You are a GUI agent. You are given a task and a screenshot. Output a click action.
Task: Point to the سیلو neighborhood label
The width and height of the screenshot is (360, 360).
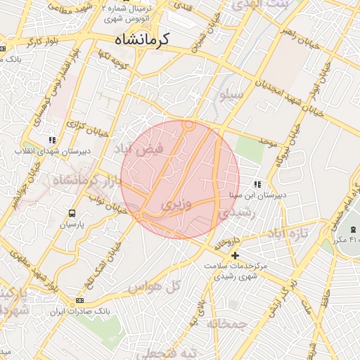(232, 94)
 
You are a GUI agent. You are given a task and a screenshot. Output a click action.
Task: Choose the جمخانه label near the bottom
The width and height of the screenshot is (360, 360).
(228, 323)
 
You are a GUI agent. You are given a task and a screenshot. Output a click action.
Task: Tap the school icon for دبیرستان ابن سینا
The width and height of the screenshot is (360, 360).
(258, 184)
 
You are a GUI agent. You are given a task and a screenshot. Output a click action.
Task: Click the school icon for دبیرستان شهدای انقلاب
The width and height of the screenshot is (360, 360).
(51, 139)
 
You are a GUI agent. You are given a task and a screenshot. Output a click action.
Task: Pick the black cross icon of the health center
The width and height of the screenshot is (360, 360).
(236, 255)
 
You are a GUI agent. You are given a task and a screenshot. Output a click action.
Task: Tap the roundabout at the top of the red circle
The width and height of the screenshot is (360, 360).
(188, 125)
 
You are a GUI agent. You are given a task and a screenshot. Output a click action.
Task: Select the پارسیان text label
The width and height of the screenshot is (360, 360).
(72, 225)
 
